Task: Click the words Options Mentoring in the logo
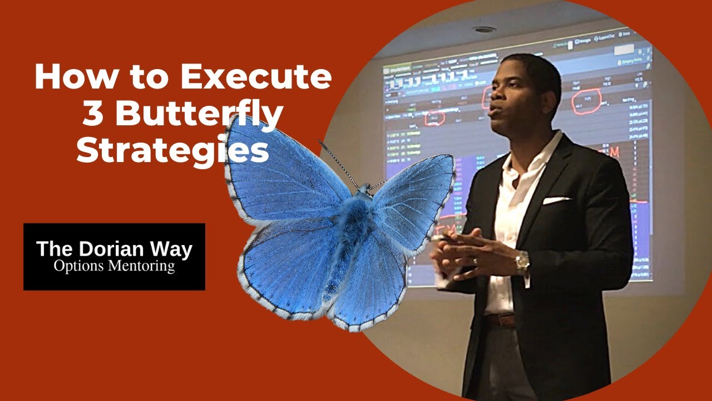[x=114, y=266]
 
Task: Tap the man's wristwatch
[x=522, y=263]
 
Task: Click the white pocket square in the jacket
[x=556, y=200]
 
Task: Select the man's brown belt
[x=500, y=320]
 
